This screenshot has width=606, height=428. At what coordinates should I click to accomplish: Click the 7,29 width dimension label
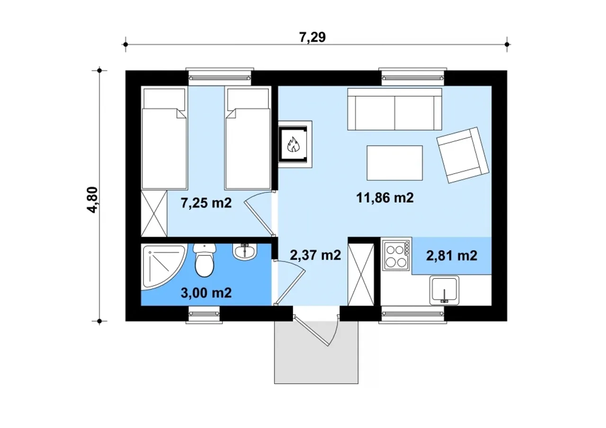coord(312,37)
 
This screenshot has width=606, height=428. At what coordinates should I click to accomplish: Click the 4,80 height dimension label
coord(93,200)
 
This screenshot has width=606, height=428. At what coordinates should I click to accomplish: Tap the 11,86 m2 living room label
coord(385,198)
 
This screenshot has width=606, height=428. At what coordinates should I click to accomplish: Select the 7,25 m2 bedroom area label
coord(206,203)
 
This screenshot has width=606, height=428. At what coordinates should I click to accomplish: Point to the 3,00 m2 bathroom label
coord(206,293)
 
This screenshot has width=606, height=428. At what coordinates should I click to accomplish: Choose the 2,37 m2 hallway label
coord(315,255)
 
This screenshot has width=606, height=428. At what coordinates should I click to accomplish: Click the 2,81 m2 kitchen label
coord(452,255)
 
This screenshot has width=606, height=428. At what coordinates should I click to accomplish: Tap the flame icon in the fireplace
coord(293,144)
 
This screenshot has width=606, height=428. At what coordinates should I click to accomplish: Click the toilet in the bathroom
coord(205,260)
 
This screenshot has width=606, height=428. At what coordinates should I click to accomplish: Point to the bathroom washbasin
coord(245,251)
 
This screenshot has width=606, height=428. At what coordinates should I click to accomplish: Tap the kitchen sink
coord(444,290)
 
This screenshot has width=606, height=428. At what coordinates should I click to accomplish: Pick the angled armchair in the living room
coord(463,155)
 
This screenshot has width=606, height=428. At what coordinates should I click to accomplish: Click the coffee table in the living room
coord(395,163)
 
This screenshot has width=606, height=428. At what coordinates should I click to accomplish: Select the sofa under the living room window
coord(395,109)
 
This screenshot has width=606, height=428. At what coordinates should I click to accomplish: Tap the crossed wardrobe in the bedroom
coord(154,213)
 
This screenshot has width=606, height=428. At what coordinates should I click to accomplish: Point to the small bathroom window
coord(204,314)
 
